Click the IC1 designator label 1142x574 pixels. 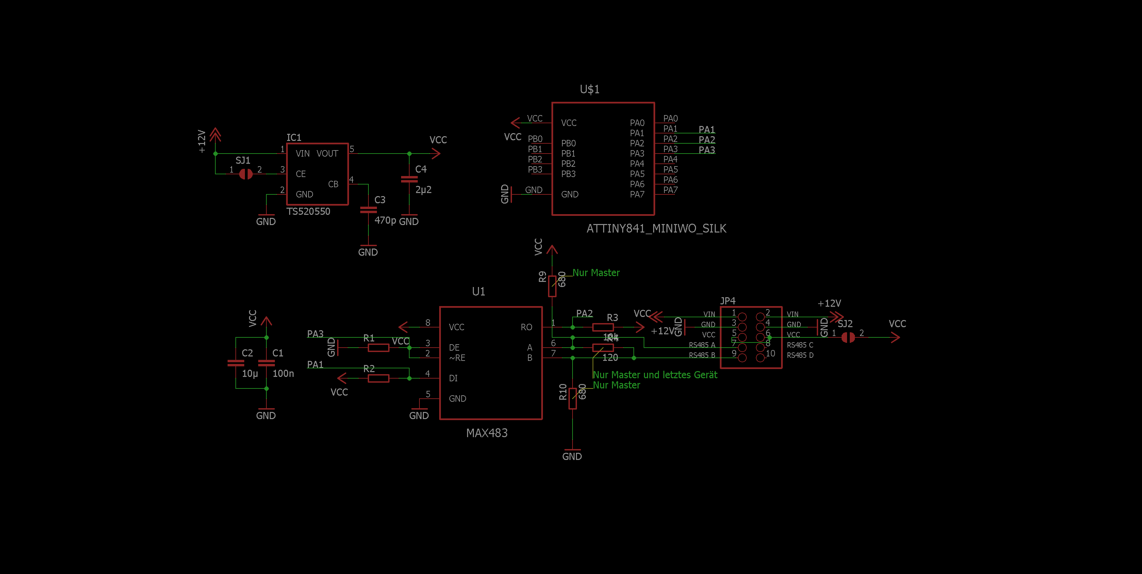point(294,138)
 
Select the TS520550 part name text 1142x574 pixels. point(308,212)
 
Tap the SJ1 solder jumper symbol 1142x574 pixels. point(246,174)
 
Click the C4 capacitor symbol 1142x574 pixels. point(409,179)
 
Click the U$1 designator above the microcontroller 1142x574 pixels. point(589,90)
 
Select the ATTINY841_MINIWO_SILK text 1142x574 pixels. point(656,228)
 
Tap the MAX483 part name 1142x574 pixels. point(486,433)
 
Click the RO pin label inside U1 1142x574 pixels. point(526,328)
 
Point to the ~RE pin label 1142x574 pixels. point(457,358)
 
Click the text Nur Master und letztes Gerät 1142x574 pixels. point(655,375)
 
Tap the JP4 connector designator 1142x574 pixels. point(728,301)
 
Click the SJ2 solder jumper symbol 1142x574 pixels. point(848,338)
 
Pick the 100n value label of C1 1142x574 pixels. point(283,373)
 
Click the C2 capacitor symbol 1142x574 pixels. point(235,363)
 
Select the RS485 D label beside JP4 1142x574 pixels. point(800,355)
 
